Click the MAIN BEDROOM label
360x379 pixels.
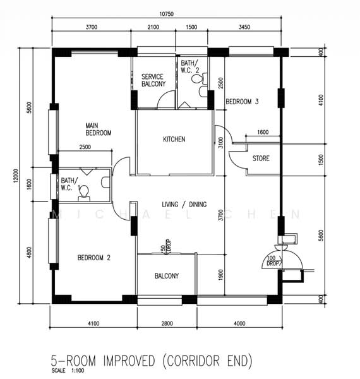click(x=99, y=129)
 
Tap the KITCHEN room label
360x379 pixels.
click(x=174, y=139)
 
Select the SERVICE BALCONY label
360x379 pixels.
click(x=153, y=80)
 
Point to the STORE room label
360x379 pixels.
click(x=261, y=159)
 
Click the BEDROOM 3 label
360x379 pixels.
click(x=242, y=102)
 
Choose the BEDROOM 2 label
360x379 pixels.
click(x=93, y=258)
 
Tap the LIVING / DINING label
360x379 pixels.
click(x=184, y=205)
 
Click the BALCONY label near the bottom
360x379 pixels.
click(x=167, y=276)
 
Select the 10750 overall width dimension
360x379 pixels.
click(x=166, y=14)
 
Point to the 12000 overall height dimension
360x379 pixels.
click(x=15, y=176)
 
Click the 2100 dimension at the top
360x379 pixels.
click(x=153, y=27)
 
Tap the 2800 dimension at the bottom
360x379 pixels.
click(x=167, y=323)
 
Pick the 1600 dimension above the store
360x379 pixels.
click(x=263, y=132)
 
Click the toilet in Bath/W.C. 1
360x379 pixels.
click(x=84, y=194)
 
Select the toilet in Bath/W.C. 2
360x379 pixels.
click(x=200, y=78)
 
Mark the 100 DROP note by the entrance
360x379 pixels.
click(x=273, y=261)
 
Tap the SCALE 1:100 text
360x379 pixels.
click(x=68, y=371)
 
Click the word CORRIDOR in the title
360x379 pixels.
click(x=193, y=361)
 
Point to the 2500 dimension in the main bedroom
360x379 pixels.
click(x=85, y=147)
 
